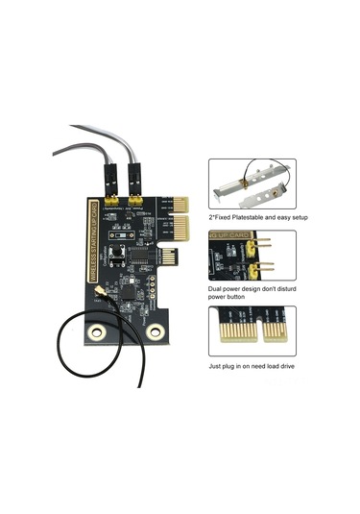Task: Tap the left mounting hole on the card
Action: [x=96, y=332]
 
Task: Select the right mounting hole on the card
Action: [x=149, y=332]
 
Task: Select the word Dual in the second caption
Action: [x=216, y=288]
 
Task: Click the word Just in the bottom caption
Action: [x=216, y=366]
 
